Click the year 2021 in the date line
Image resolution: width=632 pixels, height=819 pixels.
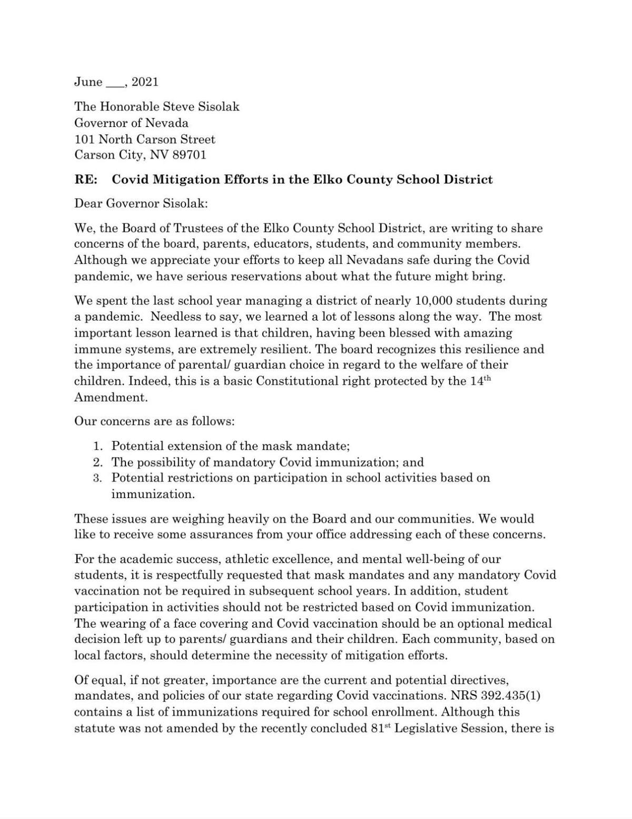click(145, 82)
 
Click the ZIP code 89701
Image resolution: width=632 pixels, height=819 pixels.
click(190, 155)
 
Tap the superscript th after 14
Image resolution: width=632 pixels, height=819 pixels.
click(487, 378)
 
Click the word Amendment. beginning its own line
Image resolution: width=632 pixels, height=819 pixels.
click(111, 397)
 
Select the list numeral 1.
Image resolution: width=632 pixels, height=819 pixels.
click(97, 446)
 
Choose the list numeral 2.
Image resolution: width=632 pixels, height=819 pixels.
click(97, 463)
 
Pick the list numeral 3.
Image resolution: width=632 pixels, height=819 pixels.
click(97, 479)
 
